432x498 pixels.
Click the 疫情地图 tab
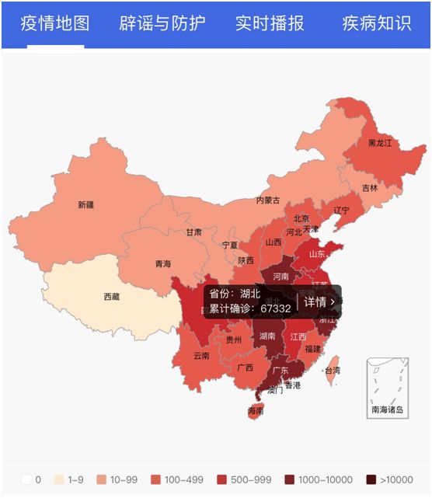click(x=55, y=23)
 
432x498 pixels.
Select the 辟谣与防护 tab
click(x=162, y=23)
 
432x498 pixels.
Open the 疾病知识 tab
click(x=376, y=23)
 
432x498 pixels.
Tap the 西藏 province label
click(x=112, y=297)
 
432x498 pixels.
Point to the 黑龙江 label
click(x=381, y=144)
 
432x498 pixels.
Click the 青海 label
click(x=162, y=264)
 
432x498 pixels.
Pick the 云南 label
click(x=201, y=356)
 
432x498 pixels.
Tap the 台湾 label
click(x=332, y=371)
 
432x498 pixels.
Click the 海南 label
click(x=256, y=410)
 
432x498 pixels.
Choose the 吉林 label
click(x=370, y=188)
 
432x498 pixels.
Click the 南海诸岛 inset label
click(x=387, y=409)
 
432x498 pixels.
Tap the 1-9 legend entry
click(x=68, y=479)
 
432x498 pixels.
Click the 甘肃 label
click(x=193, y=232)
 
